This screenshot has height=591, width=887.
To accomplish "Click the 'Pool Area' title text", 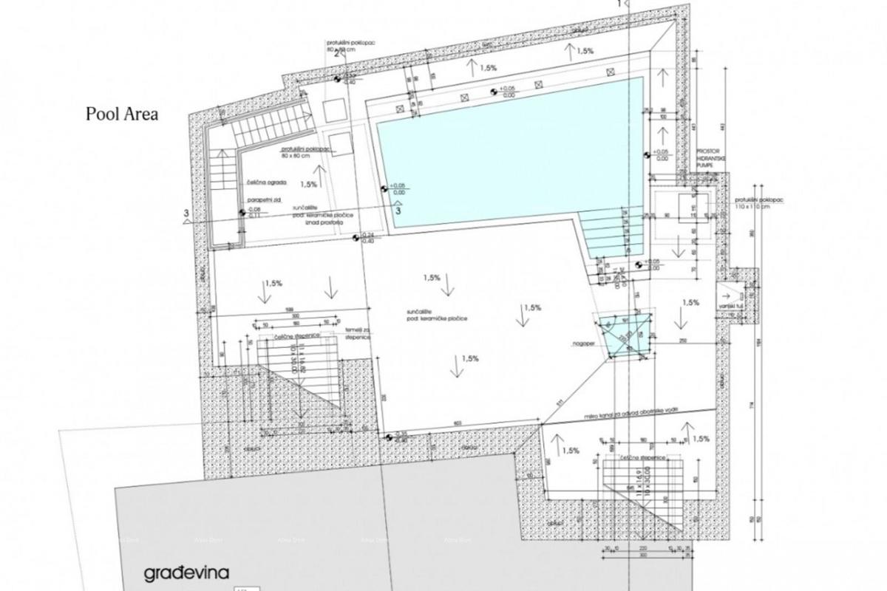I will tap(122, 115).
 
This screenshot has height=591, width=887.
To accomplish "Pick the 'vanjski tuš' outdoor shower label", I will tap(732, 306).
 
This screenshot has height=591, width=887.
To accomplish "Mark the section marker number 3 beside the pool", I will tap(399, 211).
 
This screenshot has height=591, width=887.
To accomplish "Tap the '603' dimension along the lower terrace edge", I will tap(458, 423).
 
